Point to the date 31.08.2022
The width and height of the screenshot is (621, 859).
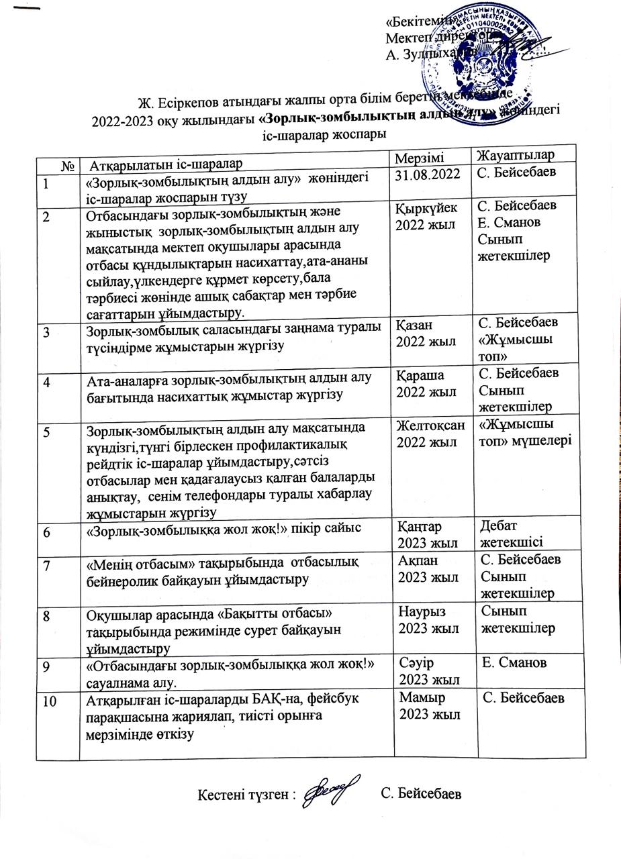coord(428,174)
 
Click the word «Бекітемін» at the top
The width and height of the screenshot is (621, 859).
coord(413,22)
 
